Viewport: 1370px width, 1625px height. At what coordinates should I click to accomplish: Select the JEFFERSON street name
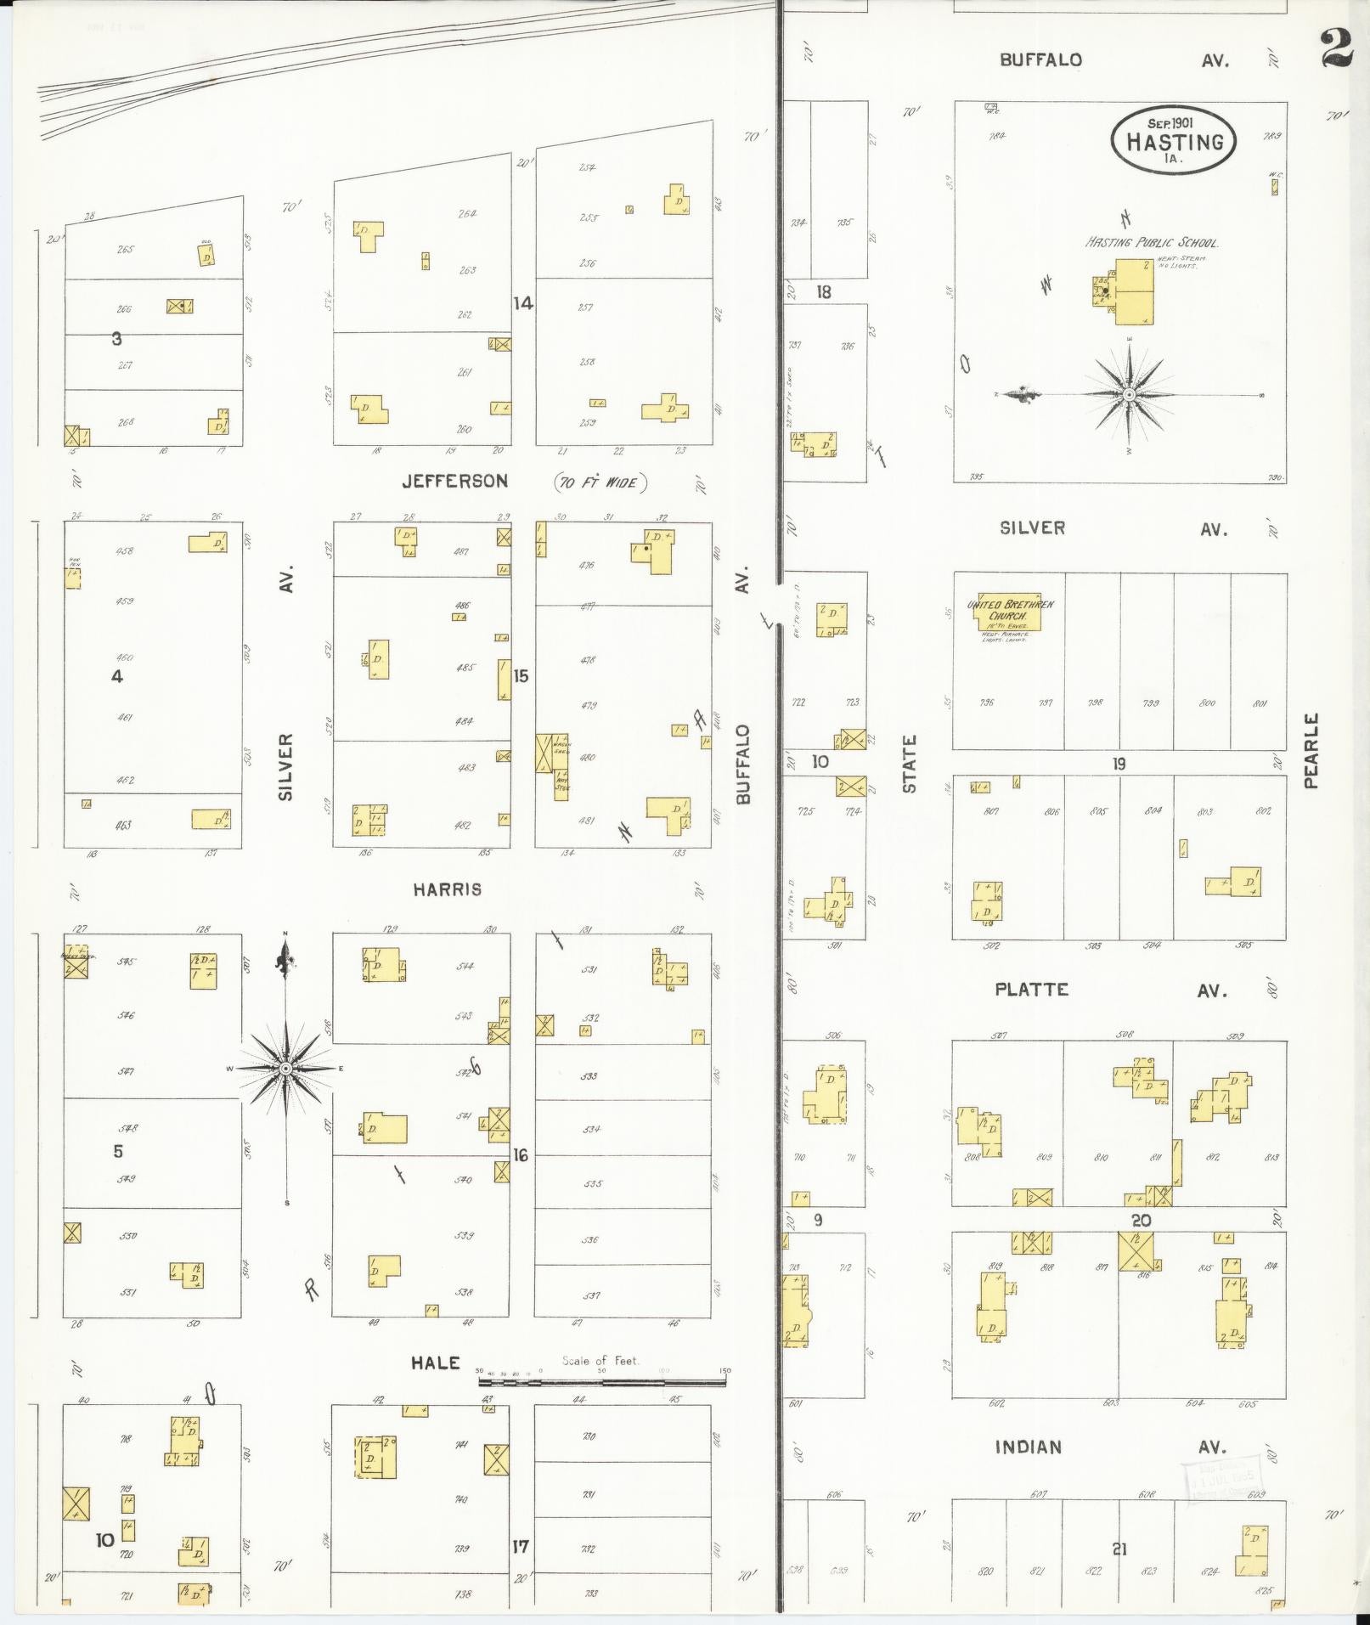pos(455,482)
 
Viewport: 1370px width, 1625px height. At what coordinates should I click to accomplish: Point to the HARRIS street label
pos(448,889)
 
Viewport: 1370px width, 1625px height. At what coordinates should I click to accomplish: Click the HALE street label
pos(436,1363)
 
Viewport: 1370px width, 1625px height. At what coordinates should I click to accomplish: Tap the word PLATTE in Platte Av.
pos(1031,990)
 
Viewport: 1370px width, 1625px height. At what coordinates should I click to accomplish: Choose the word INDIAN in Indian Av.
pos(1028,1447)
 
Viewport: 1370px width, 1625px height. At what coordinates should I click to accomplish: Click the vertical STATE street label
pos(910,765)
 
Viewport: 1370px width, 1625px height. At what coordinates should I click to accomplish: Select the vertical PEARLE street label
pos(1311,751)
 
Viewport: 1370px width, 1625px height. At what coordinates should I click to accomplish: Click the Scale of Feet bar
pos(602,1381)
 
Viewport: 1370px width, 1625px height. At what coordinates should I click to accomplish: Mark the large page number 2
pos(1338,48)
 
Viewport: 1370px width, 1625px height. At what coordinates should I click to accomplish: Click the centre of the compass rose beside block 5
pos(286,1068)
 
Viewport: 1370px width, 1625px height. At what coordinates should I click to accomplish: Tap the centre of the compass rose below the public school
pos(1129,395)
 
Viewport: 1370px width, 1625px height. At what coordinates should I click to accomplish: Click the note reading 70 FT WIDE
pos(601,483)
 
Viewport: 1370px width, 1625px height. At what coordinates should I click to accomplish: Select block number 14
pos(522,302)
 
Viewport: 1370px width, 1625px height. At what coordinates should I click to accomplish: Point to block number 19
pos(1119,764)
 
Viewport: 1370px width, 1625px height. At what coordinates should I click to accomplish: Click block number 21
pos(1119,1549)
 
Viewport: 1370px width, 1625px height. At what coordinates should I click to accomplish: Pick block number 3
pos(116,339)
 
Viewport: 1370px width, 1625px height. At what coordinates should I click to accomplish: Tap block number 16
pos(521,1155)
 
